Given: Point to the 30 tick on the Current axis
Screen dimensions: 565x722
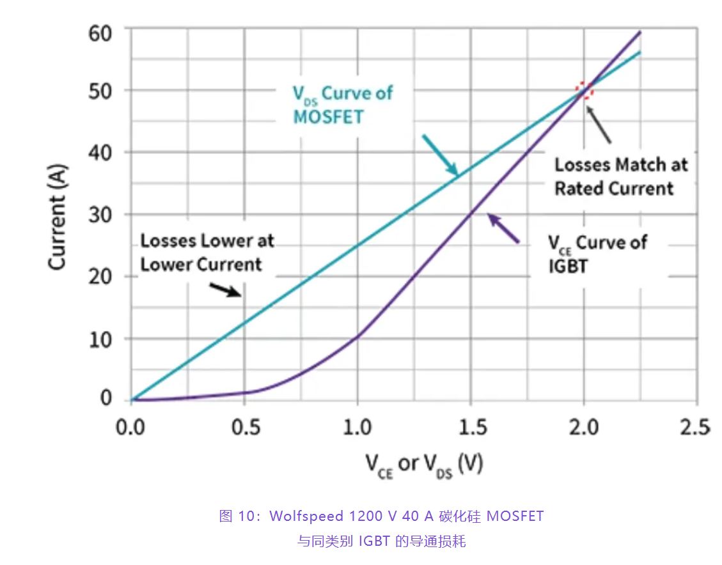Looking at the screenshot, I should coord(101,214).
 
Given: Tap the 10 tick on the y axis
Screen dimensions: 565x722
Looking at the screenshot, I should coord(101,338).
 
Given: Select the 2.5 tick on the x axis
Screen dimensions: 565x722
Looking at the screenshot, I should coord(696,426).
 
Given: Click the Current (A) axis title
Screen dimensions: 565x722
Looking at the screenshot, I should coord(58,217).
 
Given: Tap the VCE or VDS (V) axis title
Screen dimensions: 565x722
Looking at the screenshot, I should coord(424,465).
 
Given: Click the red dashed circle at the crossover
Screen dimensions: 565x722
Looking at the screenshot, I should coord(584,90).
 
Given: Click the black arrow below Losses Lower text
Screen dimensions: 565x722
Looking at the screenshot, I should coord(226,290).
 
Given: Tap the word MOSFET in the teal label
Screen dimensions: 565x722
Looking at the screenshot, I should coord(327,117).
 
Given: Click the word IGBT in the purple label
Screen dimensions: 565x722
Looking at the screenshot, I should coord(568,265).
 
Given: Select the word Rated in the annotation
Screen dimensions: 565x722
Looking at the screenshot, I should coord(579,189).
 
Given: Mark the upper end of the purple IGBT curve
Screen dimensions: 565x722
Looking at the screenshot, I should coord(640,32).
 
